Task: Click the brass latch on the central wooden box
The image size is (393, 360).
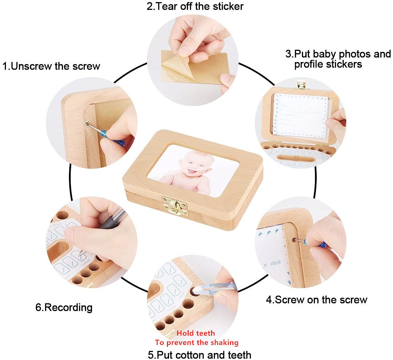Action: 174,205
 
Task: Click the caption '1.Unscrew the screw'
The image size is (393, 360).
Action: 51,66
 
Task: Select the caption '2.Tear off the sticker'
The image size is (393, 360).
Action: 195,6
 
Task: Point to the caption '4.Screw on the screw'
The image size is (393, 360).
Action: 316,300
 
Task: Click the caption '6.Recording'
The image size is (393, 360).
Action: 64,307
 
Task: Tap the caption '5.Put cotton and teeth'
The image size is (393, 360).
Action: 199,354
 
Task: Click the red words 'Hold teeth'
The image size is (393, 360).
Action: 196,333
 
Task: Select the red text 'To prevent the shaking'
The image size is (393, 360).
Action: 196,342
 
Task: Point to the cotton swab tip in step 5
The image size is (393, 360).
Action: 196,290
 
